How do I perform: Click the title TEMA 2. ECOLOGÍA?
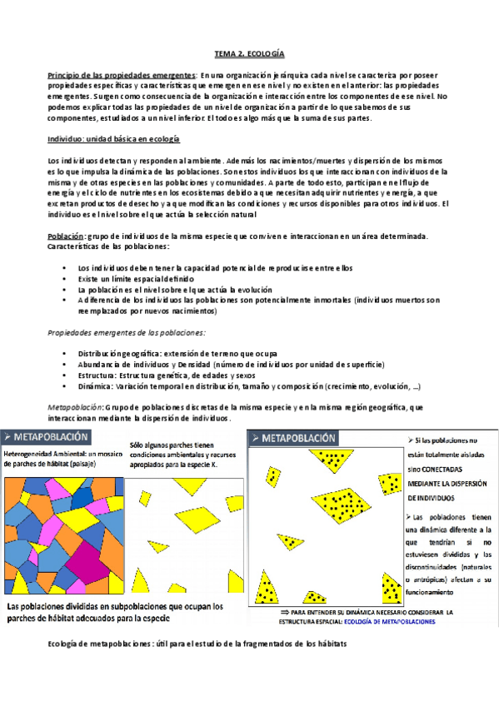(x=249, y=53)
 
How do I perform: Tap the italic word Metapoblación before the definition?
(x=75, y=406)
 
